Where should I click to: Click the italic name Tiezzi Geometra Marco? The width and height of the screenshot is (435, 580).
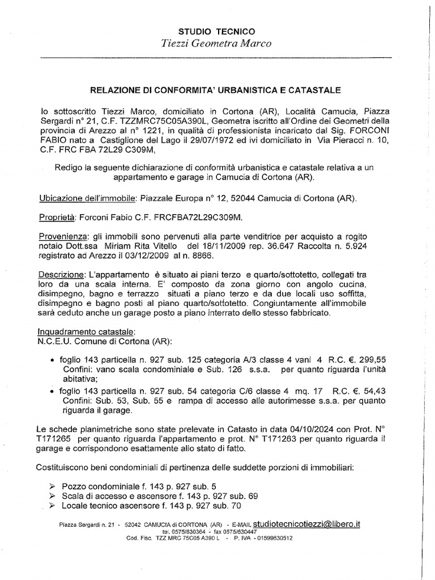coord(217,44)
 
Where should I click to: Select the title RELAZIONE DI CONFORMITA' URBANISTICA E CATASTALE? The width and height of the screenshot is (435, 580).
coord(217,89)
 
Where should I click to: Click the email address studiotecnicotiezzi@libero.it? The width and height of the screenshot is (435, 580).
coord(307,524)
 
